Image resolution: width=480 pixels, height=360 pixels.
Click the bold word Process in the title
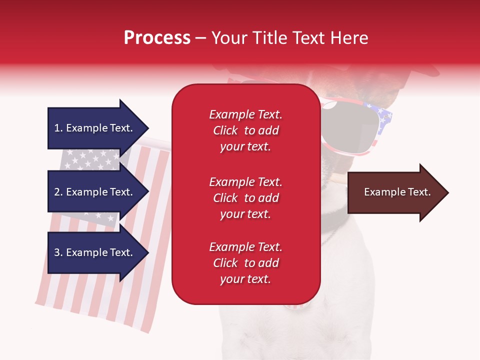(x=157, y=38)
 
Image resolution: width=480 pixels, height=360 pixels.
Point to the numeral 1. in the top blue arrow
(x=58, y=128)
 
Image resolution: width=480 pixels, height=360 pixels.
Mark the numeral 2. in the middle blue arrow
(x=58, y=192)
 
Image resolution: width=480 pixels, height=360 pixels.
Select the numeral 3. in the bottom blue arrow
(x=58, y=252)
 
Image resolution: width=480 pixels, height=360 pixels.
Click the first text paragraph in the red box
(x=245, y=130)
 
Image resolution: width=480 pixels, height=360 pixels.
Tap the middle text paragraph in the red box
(x=245, y=198)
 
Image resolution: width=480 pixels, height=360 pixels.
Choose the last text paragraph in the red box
(x=245, y=263)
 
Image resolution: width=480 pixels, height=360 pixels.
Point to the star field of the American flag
(x=90, y=160)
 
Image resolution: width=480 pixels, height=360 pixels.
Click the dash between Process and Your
(x=200, y=38)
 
